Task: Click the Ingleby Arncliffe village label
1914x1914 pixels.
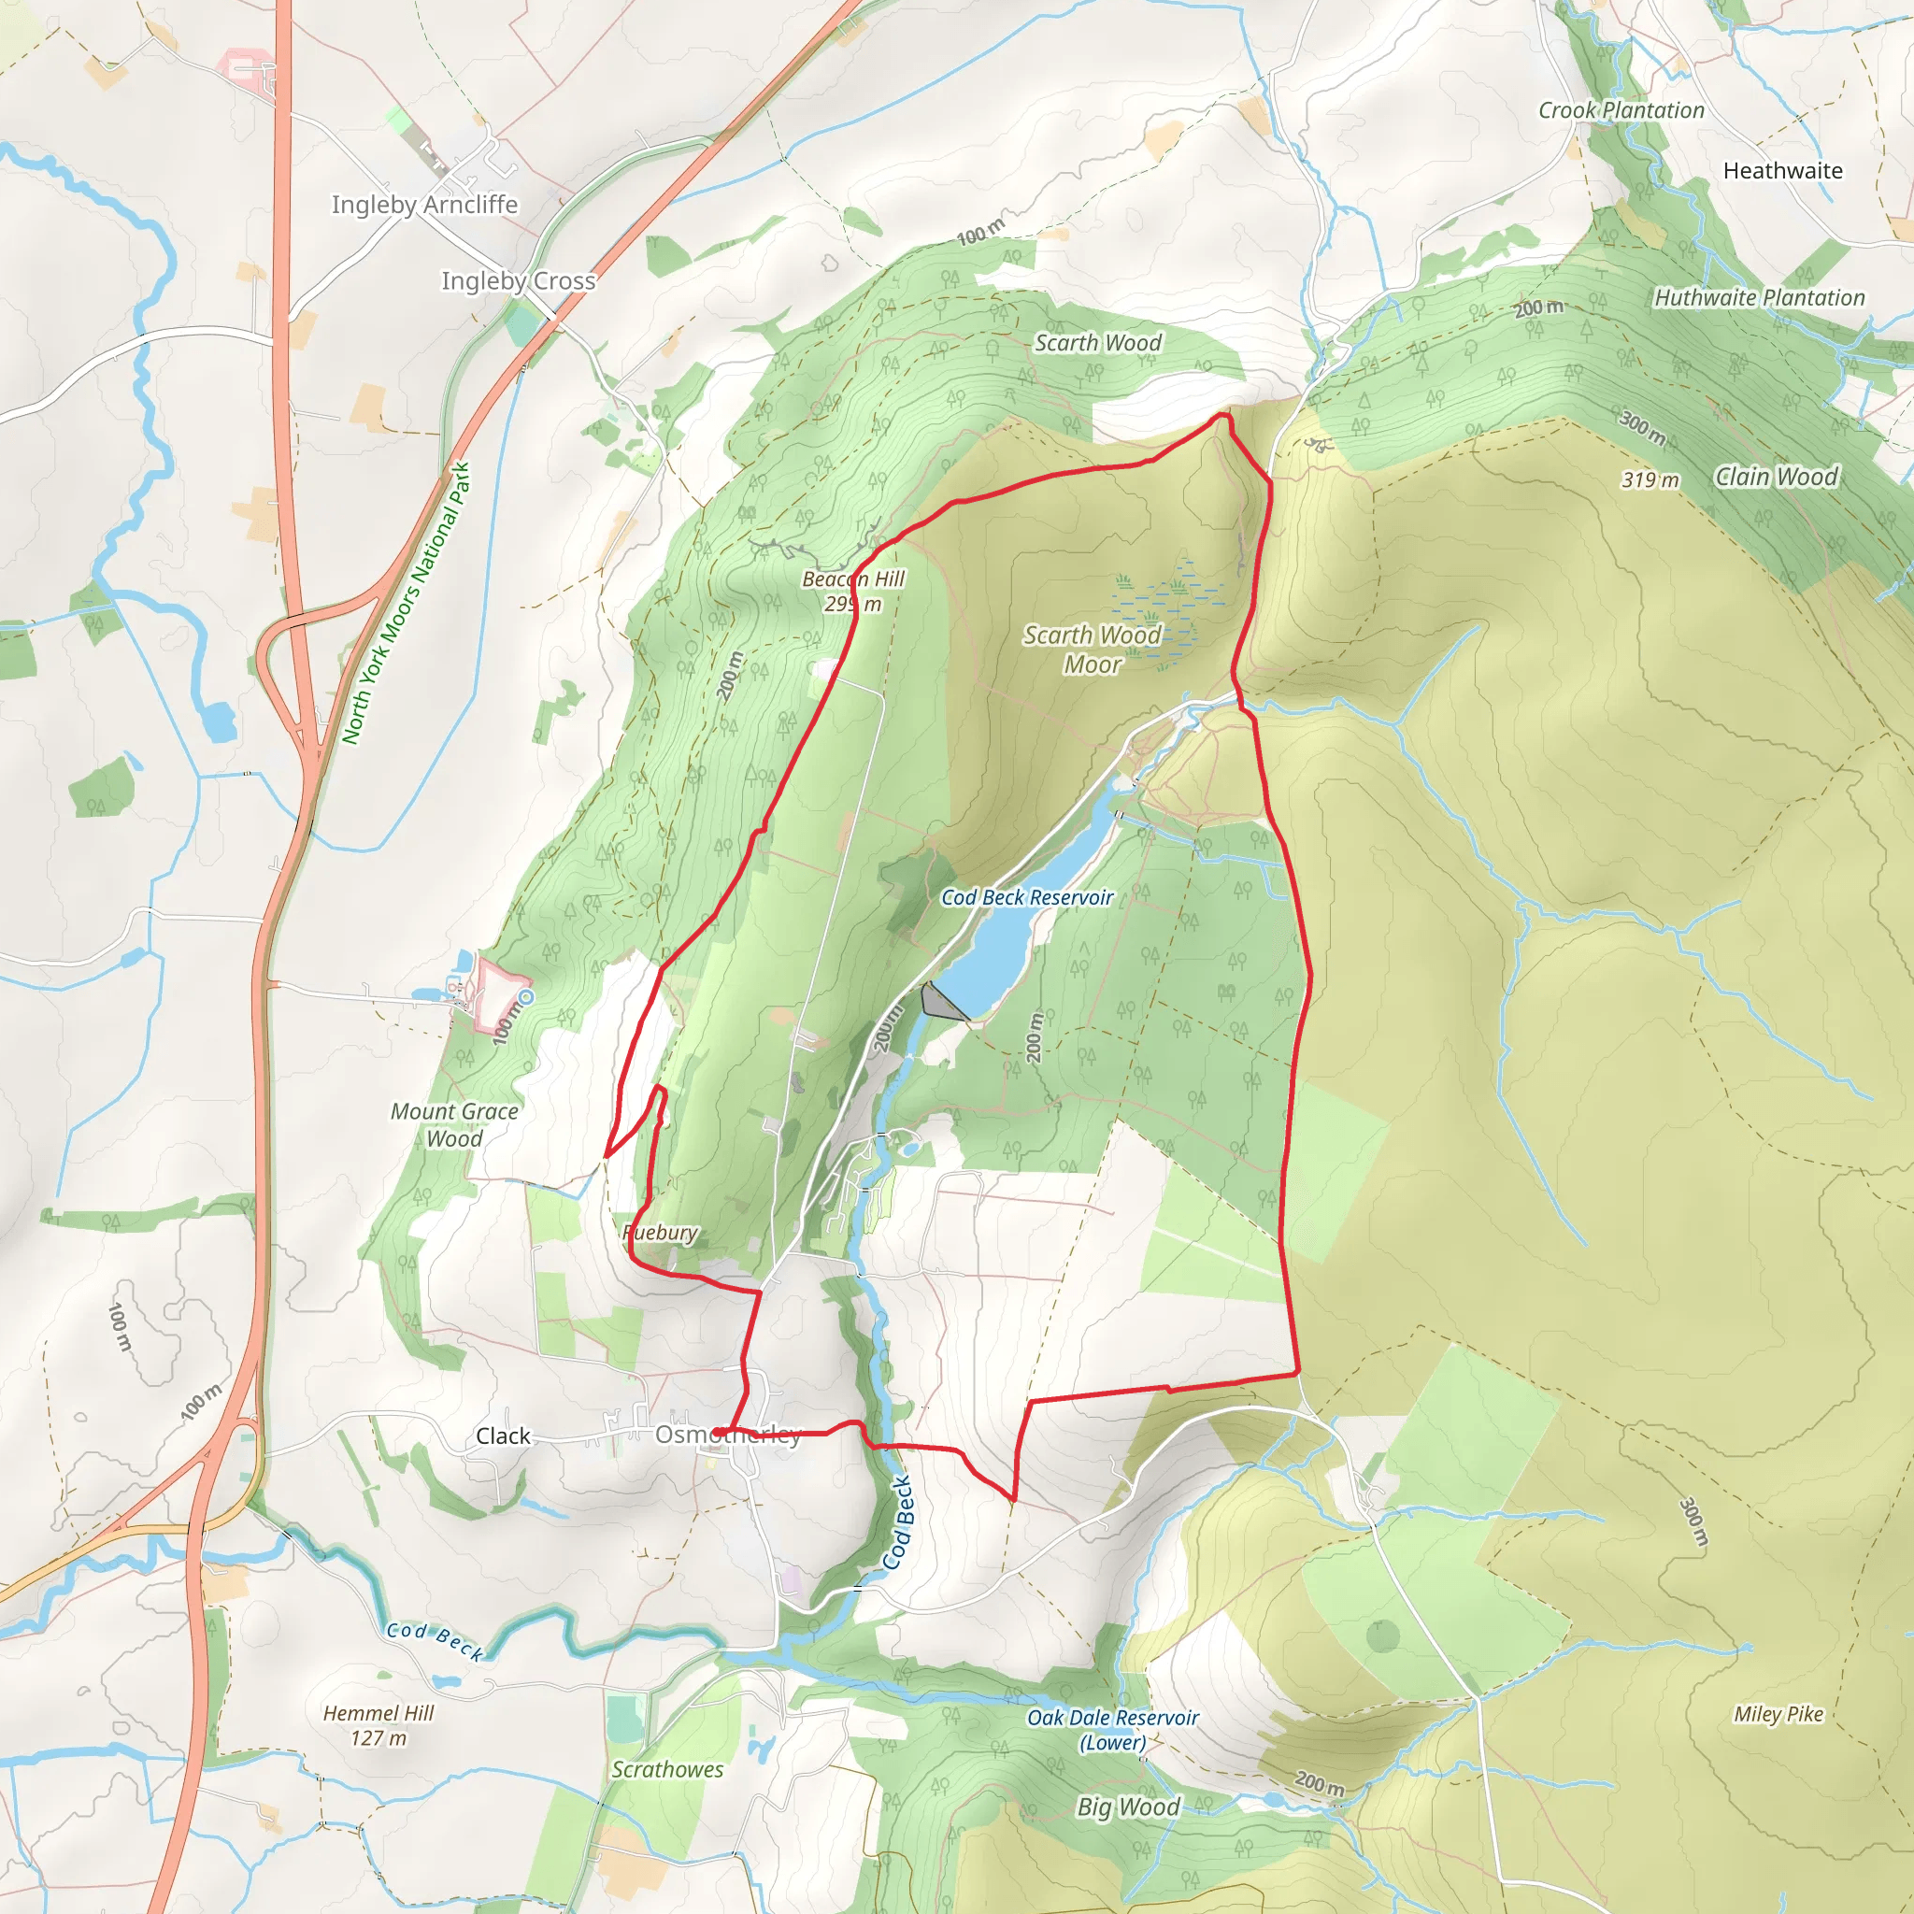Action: click(x=424, y=204)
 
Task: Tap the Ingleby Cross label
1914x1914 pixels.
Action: click(x=518, y=281)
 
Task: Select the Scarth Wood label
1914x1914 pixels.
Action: click(x=1098, y=343)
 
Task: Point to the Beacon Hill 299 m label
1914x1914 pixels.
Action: click(x=853, y=592)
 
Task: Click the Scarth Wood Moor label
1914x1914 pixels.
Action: click(x=1092, y=650)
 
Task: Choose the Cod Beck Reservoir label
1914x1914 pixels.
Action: click(x=1026, y=897)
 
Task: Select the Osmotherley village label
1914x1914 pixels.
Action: click(x=728, y=1435)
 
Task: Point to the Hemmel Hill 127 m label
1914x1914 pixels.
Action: click(x=379, y=1725)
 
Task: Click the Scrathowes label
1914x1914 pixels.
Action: click(x=666, y=1770)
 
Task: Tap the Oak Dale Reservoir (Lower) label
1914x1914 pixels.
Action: click(x=1112, y=1730)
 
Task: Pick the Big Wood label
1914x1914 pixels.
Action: click(x=1128, y=1807)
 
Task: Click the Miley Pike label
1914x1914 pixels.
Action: click(x=1778, y=1715)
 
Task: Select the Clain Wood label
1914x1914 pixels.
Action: click(x=1777, y=477)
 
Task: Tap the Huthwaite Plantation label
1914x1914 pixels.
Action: click(x=1760, y=298)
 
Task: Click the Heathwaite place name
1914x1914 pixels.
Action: click(x=1782, y=170)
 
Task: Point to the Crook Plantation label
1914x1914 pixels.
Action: click(x=1621, y=111)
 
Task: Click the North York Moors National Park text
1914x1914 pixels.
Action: click(x=407, y=604)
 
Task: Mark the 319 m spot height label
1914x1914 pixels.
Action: click(x=1650, y=480)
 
